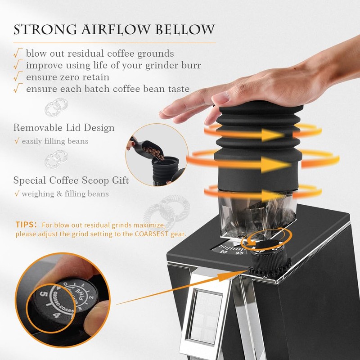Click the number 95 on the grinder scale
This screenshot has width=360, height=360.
click(x=239, y=253)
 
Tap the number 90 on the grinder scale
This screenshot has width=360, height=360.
click(x=223, y=252)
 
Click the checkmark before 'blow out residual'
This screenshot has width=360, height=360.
click(x=18, y=53)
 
